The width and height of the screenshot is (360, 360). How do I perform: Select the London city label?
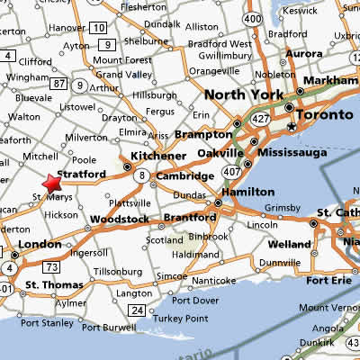[x=39, y=245]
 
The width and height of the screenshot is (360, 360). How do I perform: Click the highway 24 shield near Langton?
[x=136, y=310]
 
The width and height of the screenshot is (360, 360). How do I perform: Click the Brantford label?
[x=189, y=218]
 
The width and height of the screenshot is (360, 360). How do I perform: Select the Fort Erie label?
[x=328, y=280]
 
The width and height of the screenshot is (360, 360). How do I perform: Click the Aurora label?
[x=305, y=54]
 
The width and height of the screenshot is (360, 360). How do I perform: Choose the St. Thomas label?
[x=55, y=285]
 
